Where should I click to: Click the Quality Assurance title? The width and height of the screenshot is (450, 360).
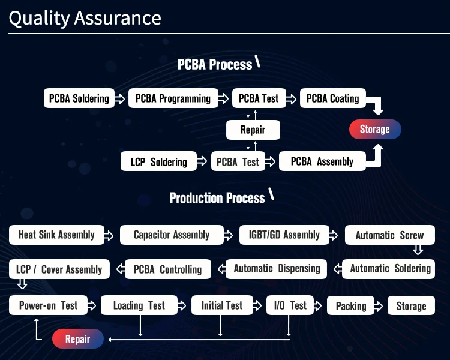[x=85, y=18]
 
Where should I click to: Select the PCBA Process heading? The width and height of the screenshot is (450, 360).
[x=215, y=64]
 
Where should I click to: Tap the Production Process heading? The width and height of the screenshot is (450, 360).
[x=217, y=197]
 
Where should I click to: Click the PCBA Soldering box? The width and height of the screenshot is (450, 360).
[x=79, y=98]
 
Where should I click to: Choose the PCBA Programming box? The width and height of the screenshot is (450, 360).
[x=173, y=98]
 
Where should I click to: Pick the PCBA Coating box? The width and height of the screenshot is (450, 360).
[x=332, y=98]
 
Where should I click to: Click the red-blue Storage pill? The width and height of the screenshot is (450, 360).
[x=374, y=129]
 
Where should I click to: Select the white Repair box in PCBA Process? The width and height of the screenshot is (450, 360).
[x=252, y=129]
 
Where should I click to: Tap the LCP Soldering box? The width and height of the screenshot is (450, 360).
[x=158, y=161]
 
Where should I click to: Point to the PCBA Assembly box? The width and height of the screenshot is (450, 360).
[x=322, y=161]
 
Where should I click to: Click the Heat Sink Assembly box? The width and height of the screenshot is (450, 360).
[x=56, y=235]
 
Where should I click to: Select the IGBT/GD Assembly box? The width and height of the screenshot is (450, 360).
[x=284, y=235]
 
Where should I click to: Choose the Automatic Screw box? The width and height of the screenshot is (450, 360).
[x=389, y=235]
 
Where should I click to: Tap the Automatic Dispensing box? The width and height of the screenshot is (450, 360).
[x=277, y=269]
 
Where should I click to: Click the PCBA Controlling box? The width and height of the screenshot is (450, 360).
[x=167, y=269]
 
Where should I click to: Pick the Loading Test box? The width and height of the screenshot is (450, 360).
[x=139, y=305]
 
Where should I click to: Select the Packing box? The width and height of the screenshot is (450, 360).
[x=351, y=306]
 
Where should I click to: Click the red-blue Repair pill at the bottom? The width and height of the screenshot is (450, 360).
[x=77, y=340]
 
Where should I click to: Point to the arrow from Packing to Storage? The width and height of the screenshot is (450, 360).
[x=381, y=305]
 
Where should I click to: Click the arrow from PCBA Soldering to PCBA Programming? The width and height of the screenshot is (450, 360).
[x=120, y=98]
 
